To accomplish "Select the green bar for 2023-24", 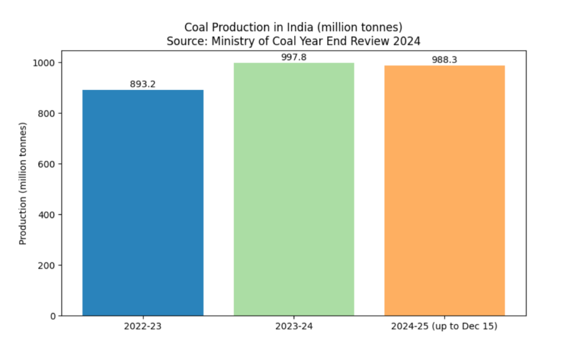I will pos(294,189).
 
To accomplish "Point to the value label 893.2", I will pos(143,84).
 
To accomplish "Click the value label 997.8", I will pos(294,57).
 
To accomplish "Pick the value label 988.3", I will pos(444,60).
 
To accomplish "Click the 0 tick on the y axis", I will pos(53,316).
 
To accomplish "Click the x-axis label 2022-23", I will pos(143,326).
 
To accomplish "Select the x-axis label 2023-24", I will pos(294,326).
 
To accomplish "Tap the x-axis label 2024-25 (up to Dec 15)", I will pos(444,326).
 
